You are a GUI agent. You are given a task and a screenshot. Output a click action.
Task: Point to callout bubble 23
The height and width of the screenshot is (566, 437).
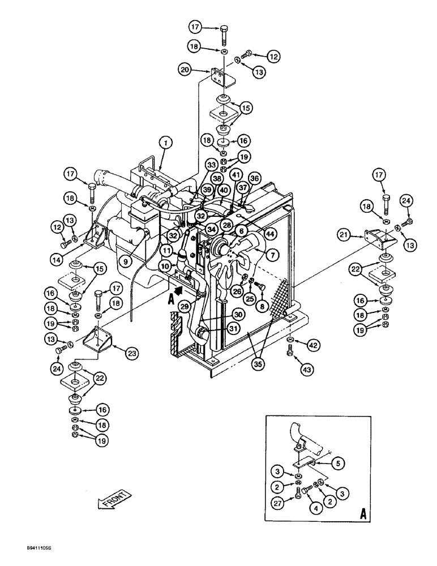[x=132, y=353]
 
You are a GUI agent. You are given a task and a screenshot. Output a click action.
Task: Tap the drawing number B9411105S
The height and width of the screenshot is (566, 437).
[x=26, y=548]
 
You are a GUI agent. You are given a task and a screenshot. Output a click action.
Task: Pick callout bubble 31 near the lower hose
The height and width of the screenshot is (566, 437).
[x=233, y=327]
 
